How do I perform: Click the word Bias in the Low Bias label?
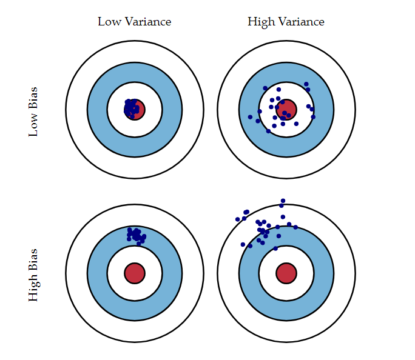(x=33, y=98)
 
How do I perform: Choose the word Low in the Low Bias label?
(x=33, y=125)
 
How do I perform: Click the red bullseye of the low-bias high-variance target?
(x=286, y=110)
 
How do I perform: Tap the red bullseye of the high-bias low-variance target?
(x=134, y=273)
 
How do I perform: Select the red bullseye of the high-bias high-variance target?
(x=286, y=273)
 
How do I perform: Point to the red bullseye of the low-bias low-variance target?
(x=135, y=110)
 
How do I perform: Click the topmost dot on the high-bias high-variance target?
(x=283, y=201)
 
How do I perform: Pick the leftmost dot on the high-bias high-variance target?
(x=237, y=219)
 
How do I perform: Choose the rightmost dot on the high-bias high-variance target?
(x=295, y=227)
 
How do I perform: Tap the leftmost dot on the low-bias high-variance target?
(x=250, y=117)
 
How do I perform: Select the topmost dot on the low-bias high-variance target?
(x=306, y=84)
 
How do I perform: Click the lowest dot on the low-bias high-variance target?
(x=268, y=131)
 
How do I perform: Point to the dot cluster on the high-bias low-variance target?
(x=136, y=235)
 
